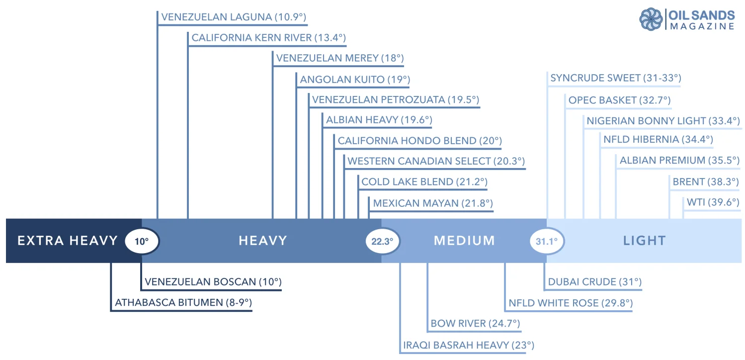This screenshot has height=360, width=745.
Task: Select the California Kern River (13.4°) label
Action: click(x=268, y=38)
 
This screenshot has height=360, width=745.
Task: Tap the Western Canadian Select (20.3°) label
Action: click(x=436, y=161)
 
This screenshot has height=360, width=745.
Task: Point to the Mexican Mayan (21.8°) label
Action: click(x=432, y=203)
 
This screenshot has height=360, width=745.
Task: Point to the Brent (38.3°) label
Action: click(x=705, y=182)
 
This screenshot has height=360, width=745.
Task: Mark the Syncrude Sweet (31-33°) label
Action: click(x=615, y=78)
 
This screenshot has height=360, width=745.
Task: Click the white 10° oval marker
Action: click(x=142, y=242)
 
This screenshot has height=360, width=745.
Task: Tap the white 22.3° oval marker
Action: click(x=382, y=242)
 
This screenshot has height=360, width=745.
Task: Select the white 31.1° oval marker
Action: click(x=547, y=242)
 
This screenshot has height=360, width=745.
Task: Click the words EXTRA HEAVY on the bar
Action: click(x=68, y=241)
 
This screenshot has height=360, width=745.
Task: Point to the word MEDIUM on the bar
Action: click(x=464, y=241)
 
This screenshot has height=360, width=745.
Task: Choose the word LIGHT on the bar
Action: click(x=644, y=241)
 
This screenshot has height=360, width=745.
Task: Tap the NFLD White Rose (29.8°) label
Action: click(x=570, y=303)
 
